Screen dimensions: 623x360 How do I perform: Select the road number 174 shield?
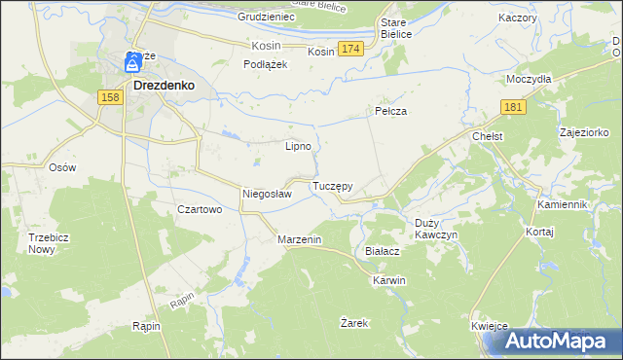click(351, 49)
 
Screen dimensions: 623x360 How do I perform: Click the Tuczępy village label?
click(332, 185)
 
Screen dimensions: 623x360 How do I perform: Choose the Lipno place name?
click(298, 147)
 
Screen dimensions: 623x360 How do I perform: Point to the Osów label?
click(62, 166)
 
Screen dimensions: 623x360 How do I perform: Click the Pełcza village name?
click(390, 112)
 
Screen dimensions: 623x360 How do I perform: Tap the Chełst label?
click(486, 137)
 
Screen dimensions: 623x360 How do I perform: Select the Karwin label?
click(388, 280)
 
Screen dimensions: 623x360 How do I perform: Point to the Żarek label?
click(353, 322)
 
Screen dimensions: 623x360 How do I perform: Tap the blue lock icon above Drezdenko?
click(131, 65)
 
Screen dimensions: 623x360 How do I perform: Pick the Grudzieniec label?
click(266, 18)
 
